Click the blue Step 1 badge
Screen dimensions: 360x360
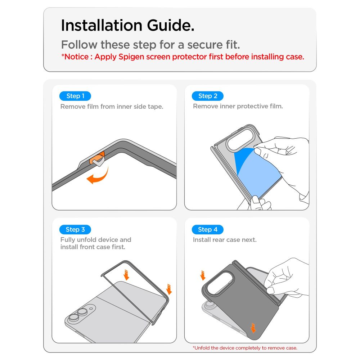75,96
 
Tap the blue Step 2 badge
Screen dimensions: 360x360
208,96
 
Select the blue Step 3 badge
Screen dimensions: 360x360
75,229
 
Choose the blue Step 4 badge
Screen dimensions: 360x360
208,229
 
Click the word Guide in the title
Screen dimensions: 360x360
171,25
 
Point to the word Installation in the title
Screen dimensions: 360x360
102,25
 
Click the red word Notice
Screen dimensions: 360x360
76,57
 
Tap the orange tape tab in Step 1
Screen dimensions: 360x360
96,158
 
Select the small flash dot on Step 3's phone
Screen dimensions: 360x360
91,309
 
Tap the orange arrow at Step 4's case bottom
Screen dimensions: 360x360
253,328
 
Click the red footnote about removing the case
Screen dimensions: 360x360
245,348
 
